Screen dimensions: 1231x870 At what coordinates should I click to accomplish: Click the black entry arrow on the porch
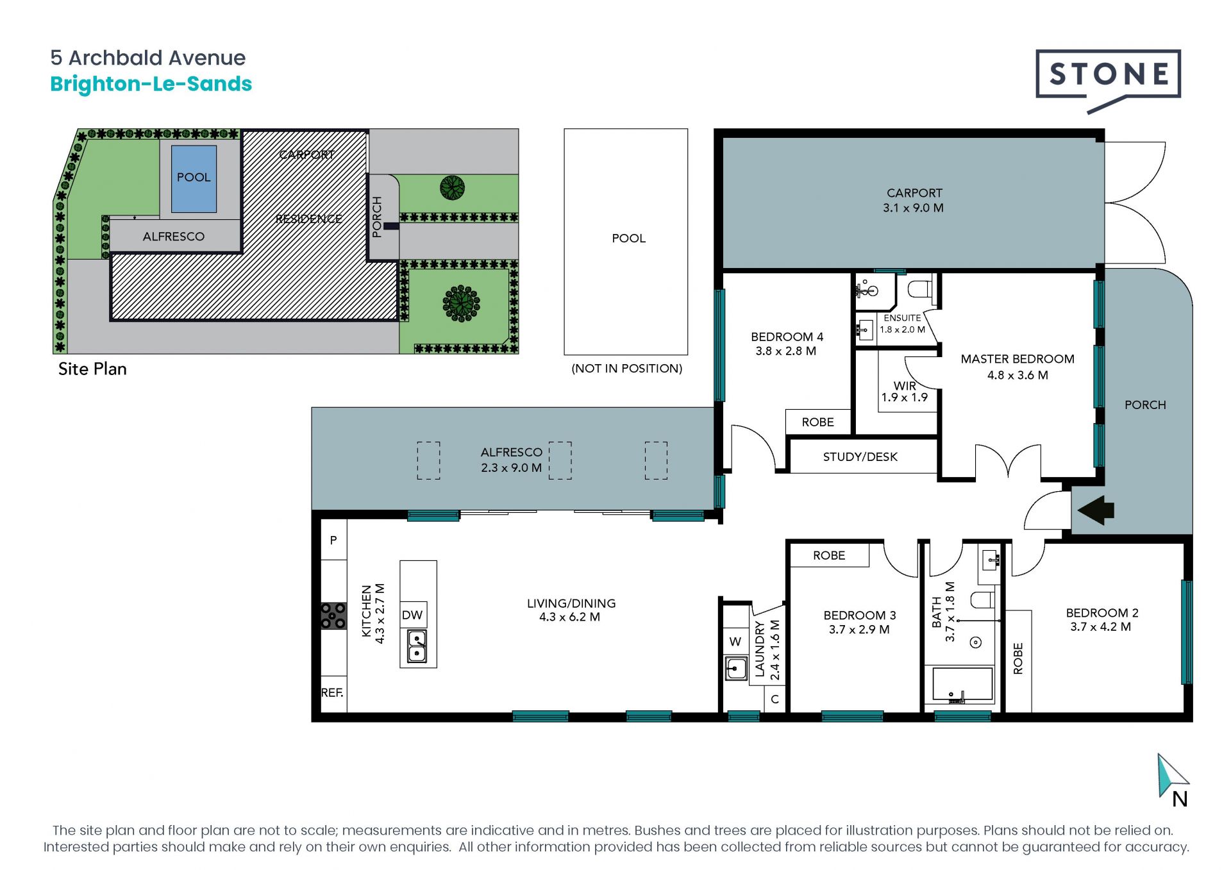(x=1096, y=510)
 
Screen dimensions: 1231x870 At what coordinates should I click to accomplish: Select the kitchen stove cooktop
(x=333, y=615)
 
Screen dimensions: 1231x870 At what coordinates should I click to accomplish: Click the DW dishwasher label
(x=412, y=615)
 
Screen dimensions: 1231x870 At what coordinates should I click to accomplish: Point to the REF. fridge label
(x=332, y=692)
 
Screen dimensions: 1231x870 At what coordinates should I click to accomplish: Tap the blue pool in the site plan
(x=194, y=178)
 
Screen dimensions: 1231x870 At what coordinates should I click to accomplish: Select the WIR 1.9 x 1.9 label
(x=905, y=391)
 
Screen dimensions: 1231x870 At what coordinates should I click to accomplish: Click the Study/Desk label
(x=860, y=456)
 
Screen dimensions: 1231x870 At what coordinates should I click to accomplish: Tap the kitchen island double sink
(x=417, y=646)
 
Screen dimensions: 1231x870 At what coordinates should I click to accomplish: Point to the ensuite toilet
(x=921, y=289)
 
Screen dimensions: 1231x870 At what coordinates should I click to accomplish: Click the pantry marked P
(x=333, y=540)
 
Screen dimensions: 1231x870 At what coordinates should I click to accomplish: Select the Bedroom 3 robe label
(x=829, y=555)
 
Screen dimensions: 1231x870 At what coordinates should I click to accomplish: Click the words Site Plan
(x=92, y=369)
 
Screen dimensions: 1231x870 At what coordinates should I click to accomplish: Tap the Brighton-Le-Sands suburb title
(x=151, y=84)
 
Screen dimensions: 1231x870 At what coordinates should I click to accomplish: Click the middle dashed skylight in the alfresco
(x=560, y=460)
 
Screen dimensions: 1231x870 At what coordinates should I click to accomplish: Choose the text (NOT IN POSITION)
(x=626, y=369)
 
